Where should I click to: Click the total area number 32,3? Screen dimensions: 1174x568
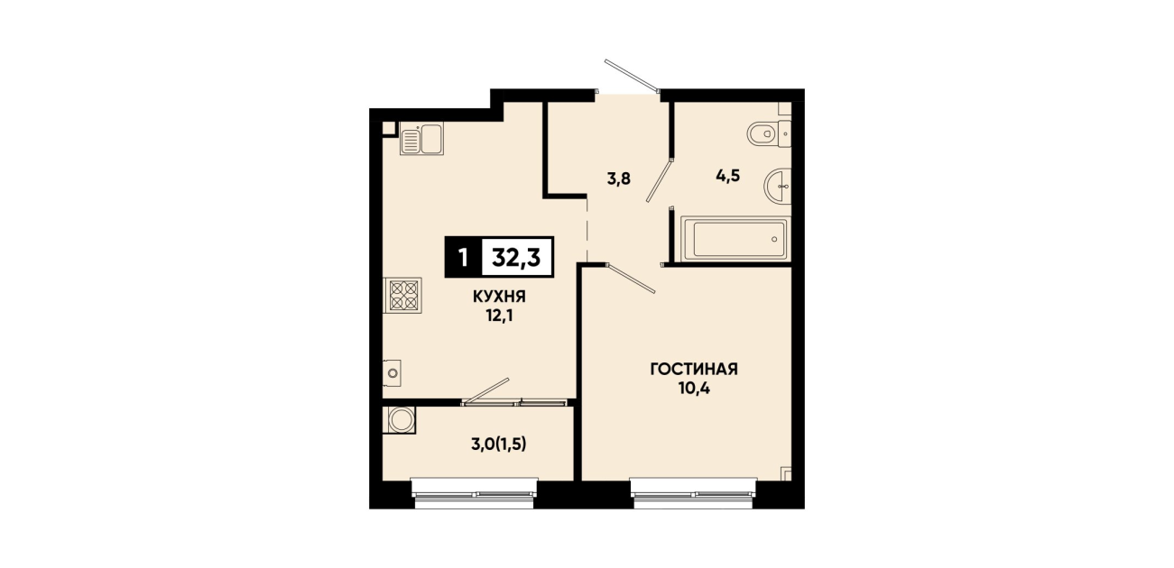tap(516, 258)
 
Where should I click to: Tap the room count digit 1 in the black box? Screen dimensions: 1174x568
tap(463, 258)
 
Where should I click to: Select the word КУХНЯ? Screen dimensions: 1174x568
tap(499, 297)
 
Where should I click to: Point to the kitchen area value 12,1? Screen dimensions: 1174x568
tap(499, 316)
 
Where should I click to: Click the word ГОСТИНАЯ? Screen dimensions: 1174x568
tap(694, 369)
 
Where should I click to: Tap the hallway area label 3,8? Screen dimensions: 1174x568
tap(618, 179)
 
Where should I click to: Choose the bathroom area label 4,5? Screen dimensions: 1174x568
tap(728, 176)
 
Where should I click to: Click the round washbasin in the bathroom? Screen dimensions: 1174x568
tap(778, 187)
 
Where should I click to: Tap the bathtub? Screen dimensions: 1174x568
tap(735, 239)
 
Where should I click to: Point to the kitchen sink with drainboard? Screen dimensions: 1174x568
tap(421, 138)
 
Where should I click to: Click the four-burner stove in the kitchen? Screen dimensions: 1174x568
tap(402, 296)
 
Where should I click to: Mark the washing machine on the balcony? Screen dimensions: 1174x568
tap(400, 420)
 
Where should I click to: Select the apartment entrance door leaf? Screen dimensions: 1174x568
tap(631, 76)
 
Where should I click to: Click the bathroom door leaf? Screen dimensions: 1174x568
tap(659, 180)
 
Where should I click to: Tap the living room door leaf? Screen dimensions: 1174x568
tap(631, 278)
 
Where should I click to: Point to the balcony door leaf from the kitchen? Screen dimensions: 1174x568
tap(487, 390)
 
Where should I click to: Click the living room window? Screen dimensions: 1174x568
tap(693, 493)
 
